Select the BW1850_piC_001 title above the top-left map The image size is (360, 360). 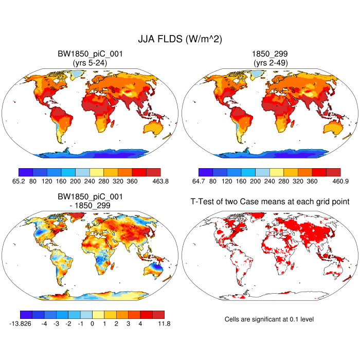[x=90, y=54]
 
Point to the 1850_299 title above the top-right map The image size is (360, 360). [x=270, y=54]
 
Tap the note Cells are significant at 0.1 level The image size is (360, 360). [x=269, y=319]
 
